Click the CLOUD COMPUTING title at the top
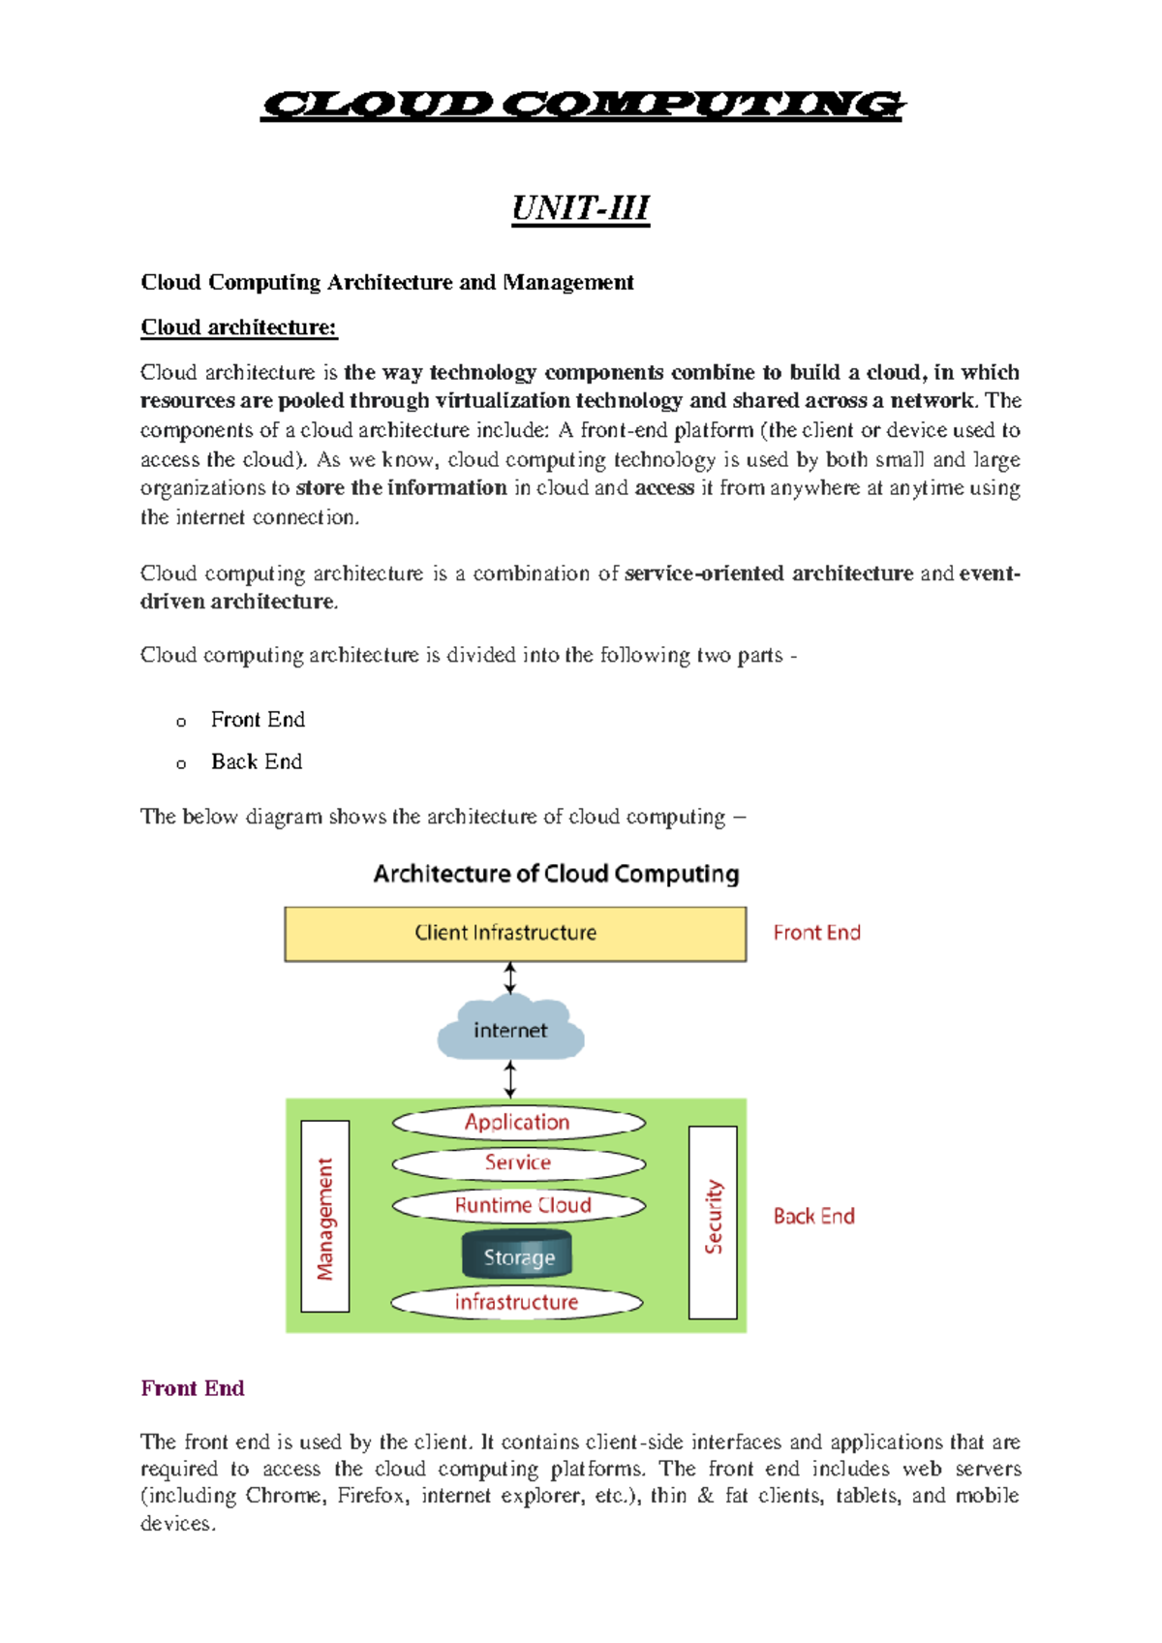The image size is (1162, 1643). pos(582,105)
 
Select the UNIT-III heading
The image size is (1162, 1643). pos(580,208)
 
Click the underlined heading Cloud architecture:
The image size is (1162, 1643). pos(238,327)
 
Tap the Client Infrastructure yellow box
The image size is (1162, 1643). pos(515,934)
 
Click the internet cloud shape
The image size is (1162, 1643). pos(510,1030)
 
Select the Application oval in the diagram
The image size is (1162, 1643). pos(518,1122)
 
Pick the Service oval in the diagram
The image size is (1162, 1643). pos(518,1162)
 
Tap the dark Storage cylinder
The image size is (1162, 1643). pos(518,1256)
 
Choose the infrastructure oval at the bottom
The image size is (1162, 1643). pos(516,1302)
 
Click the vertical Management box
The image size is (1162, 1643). pos(325,1217)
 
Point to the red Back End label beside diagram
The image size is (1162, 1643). pos(813,1217)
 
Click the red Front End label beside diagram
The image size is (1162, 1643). pos(816,933)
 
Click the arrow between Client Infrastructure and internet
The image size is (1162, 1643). pos(510,978)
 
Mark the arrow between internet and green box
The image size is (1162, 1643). pos(510,1079)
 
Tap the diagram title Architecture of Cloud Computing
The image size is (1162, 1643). pos(556,874)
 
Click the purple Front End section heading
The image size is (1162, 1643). pos(192,1388)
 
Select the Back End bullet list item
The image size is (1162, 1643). pos(257,762)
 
